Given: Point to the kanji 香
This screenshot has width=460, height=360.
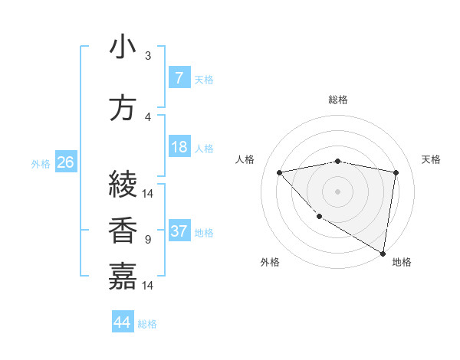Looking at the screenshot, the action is click(x=123, y=230).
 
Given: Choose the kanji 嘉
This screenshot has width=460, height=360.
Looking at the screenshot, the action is click(x=123, y=276).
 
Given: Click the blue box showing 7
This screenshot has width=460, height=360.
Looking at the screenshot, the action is click(x=179, y=78).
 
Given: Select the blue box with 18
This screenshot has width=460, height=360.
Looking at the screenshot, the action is click(x=179, y=147).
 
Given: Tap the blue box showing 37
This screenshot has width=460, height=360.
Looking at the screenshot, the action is click(x=179, y=231).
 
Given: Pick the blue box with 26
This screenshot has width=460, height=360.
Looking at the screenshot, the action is click(x=65, y=162).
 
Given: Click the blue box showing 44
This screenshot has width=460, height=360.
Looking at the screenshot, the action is click(x=122, y=322).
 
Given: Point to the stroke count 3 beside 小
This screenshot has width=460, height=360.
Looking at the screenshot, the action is click(x=148, y=56).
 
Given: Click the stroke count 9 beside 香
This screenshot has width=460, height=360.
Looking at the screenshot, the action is click(x=148, y=240).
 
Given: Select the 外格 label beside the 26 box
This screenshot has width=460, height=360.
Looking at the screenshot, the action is click(x=41, y=163).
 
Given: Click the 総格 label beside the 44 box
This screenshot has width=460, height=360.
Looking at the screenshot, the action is click(x=147, y=324).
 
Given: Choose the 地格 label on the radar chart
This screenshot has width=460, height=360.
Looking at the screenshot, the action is click(x=402, y=262).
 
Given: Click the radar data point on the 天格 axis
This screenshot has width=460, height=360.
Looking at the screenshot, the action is click(x=396, y=172).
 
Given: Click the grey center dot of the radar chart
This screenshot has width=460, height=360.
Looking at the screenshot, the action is click(x=337, y=191).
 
